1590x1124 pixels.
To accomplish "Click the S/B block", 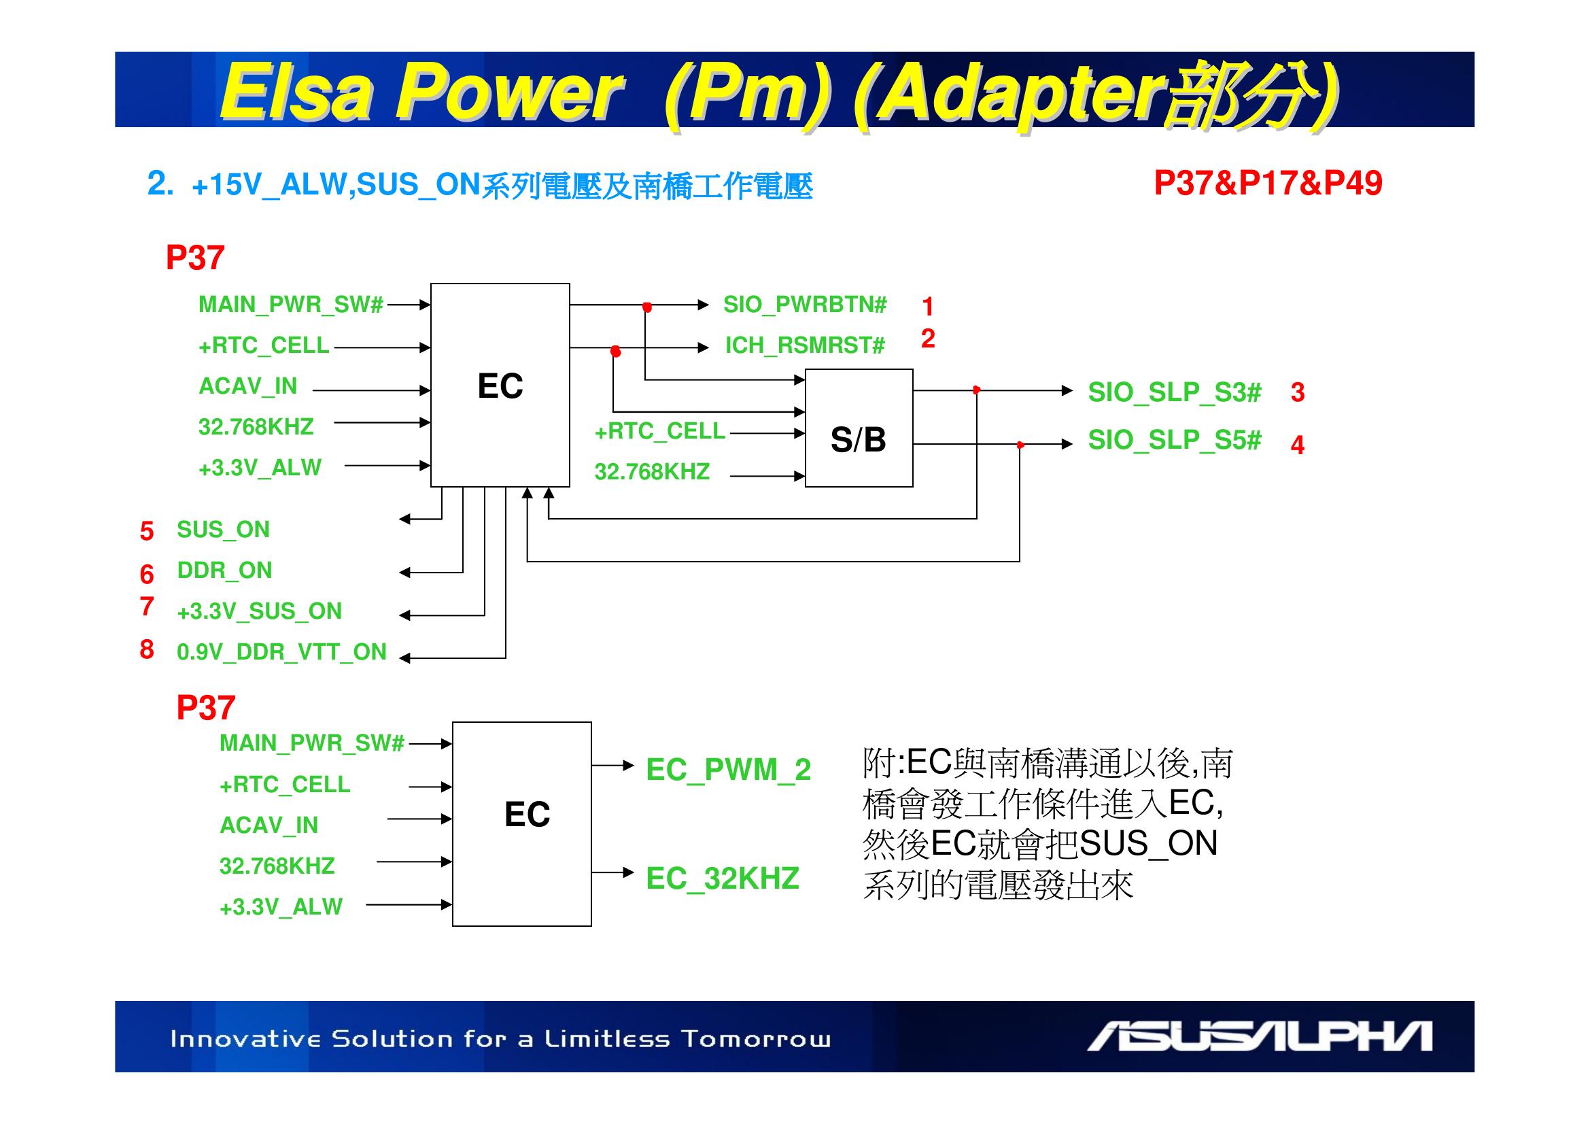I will pyautogui.click(x=858, y=428).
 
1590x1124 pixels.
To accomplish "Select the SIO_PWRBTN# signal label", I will pyautogui.click(x=805, y=305).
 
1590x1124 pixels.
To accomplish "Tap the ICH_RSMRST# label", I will pyautogui.click(x=805, y=345).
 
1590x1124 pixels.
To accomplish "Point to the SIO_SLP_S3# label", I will pyautogui.click(x=1174, y=392).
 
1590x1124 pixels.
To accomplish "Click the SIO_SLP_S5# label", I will pyautogui.click(x=1174, y=440).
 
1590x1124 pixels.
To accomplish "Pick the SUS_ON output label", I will pyautogui.click(x=223, y=530).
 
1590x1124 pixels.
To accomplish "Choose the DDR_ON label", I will pyautogui.click(x=224, y=570).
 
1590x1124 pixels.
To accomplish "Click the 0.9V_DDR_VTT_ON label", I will pyautogui.click(x=281, y=652).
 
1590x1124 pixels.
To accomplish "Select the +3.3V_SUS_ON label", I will pyautogui.click(x=259, y=611).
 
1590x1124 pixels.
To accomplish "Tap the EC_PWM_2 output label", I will pyautogui.click(x=728, y=770).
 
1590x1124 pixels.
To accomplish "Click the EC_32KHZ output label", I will pyautogui.click(x=723, y=879).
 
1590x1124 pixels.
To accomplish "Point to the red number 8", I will pyautogui.click(x=147, y=649).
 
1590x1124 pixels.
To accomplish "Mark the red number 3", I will pyautogui.click(x=1298, y=392).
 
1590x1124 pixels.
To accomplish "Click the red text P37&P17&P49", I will pyautogui.click(x=1267, y=184).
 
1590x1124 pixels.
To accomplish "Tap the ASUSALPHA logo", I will pyautogui.click(x=1259, y=1037).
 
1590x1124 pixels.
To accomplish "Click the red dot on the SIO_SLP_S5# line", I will pyautogui.click(x=1020, y=445).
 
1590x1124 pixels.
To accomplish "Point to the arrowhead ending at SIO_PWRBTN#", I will pyautogui.click(x=704, y=305).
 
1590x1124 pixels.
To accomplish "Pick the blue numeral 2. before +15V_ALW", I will pyautogui.click(x=160, y=184).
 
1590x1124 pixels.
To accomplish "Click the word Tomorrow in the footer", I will pyautogui.click(x=755, y=1040).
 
